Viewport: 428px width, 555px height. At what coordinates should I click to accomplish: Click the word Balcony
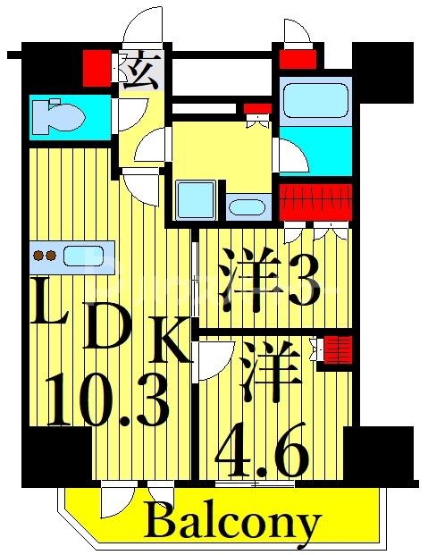[231, 521]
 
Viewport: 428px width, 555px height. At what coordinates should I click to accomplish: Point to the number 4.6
[262, 450]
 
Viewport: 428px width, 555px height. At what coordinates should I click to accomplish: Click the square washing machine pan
[196, 200]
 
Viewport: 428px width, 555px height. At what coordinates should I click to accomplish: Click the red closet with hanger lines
[315, 201]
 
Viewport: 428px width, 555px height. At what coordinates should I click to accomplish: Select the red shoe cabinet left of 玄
[95, 66]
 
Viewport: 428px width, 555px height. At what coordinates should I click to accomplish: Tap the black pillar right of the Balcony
[379, 455]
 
